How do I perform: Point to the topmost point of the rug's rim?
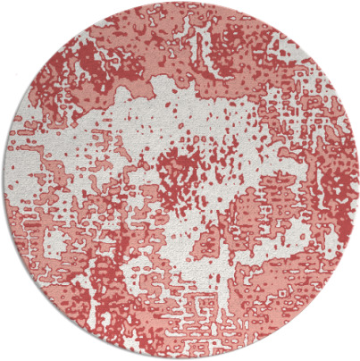[x=180, y=3]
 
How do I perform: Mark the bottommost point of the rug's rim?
[x=180, y=358]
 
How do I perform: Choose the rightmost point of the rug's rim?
[x=357, y=180]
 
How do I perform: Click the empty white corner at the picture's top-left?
[x=13, y=13]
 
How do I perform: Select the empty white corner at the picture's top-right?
[x=347, y=13]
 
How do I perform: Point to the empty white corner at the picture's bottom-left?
[x=13, y=348]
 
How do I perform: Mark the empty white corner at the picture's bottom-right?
[x=347, y=348]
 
